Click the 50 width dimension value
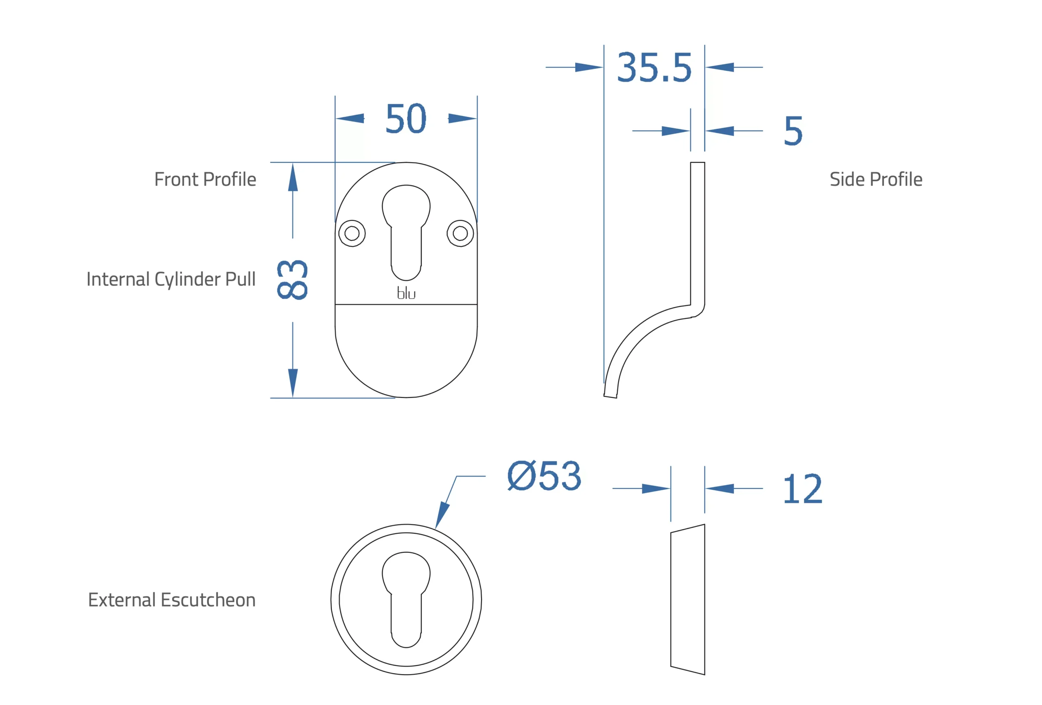[x=405, y=119]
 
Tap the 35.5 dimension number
[x=654, y=68]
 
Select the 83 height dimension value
[x=292, y=279]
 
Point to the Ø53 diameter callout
[x=544, y=476]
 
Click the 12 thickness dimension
[x=802, y=489]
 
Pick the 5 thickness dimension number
[x=793, y=131]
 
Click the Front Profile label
[x=205, y=179]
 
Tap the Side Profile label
[x=876, y=179]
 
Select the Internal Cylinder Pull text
[x=171, y=279]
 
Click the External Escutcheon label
[x=172, y=600]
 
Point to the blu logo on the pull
[x=406, y=293]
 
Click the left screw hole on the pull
[x=352, y=234]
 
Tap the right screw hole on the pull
[x=460, y=234]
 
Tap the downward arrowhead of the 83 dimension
[x=293, y=382]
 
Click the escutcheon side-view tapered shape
[x=687, y=599]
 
